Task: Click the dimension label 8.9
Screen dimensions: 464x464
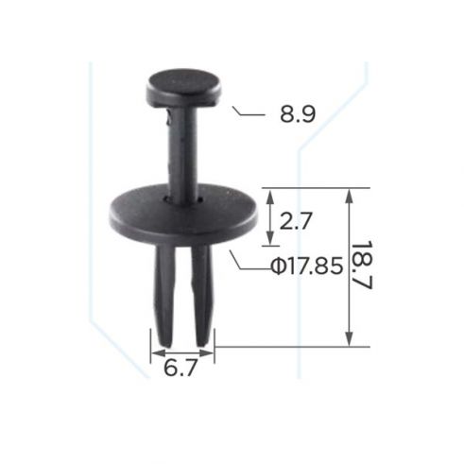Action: [296, 115]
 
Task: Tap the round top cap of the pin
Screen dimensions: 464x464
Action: [183, 88]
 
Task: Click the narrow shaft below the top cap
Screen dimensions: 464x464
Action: [182, 151]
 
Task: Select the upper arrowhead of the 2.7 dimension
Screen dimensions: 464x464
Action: [271, 195]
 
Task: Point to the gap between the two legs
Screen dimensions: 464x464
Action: [182, 293]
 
